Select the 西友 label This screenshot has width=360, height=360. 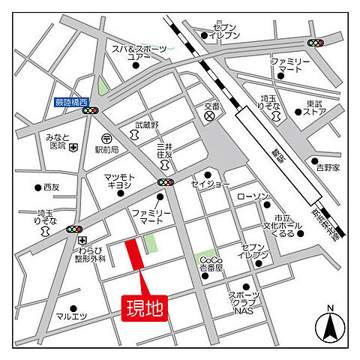pos(52,187)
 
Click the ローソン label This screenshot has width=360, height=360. pos(253,196)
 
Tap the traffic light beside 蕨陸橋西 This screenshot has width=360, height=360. pos(91,110)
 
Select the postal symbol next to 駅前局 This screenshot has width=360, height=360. pos(106,139)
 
